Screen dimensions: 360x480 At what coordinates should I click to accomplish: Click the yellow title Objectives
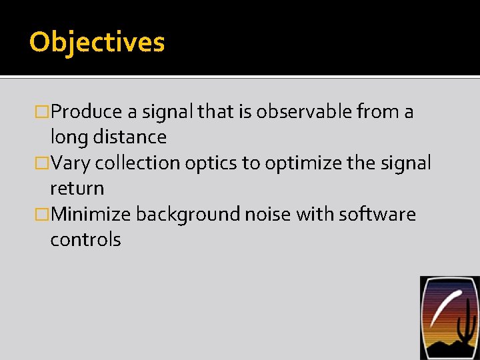coord(97,42)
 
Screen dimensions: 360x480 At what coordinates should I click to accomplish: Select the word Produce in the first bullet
coord(87,111)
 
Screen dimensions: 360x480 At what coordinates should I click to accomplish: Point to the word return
coord(77,189)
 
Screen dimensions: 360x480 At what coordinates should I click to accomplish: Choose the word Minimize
coord(91,214)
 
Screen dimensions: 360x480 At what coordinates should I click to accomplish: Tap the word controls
coord(85,239)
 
